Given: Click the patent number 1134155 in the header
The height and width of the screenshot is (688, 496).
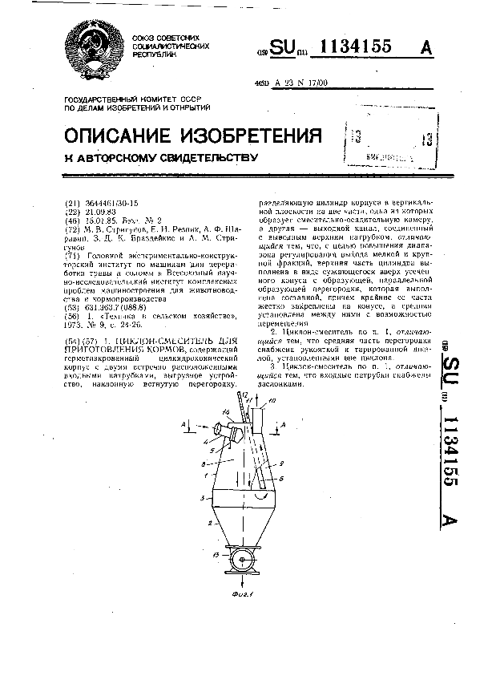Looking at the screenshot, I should click(357, 47).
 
